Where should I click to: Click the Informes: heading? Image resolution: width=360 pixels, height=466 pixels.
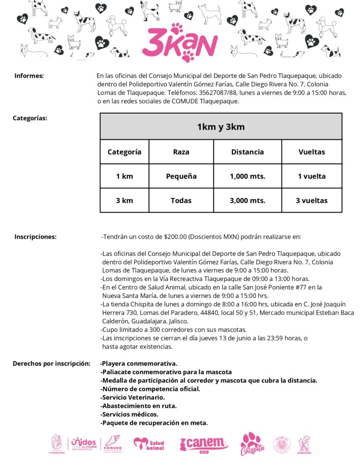click(x=29, y=76)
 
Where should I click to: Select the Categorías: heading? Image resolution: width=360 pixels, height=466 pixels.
click(x=30, y=118)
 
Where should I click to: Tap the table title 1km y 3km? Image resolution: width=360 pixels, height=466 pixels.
click(x=221, y=127)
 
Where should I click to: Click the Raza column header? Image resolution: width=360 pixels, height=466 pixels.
click(x=181, y=152)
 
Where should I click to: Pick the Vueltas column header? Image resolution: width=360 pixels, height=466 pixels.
click(x=312, y=152)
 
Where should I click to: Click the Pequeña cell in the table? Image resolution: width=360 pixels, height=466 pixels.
click(x=181, y=176)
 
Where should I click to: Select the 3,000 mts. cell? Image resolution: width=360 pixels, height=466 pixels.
click(x=248, y=200)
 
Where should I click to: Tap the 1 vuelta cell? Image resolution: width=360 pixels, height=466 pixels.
click(x=312, y=176)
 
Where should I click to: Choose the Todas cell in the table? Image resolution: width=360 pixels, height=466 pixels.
click(x=181, y=200)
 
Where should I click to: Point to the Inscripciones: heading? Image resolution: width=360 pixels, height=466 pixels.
click(x=35, y=237)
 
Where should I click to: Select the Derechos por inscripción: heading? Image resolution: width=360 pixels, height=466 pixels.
click(x=51, y=364)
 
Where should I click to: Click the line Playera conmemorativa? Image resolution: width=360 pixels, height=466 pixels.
click(x=139, y=364)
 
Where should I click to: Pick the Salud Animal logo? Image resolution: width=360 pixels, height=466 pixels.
click(x=149, y=443)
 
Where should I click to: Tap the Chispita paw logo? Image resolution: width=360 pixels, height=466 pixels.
click(x=251, y=444)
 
